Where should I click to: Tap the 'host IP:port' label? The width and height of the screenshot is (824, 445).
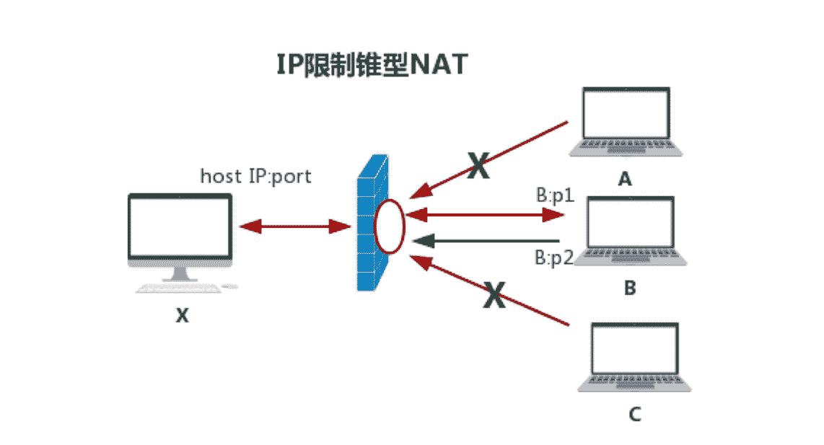coord(255,176)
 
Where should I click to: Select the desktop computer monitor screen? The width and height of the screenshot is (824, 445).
coord(180,226)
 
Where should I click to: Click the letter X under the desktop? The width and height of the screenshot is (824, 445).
coord(182,315)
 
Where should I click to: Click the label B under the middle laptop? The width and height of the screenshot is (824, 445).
coord(629,289)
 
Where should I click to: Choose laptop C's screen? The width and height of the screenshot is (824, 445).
coord(634,350)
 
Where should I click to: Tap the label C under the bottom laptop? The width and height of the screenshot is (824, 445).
coord(634,415)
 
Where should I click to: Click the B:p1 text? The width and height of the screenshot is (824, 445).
coord(554,195)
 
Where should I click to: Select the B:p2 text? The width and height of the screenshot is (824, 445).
coord(554,257)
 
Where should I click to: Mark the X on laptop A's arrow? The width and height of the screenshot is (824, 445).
coord(477,165)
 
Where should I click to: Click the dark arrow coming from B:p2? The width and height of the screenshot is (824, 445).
coord(491,241)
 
